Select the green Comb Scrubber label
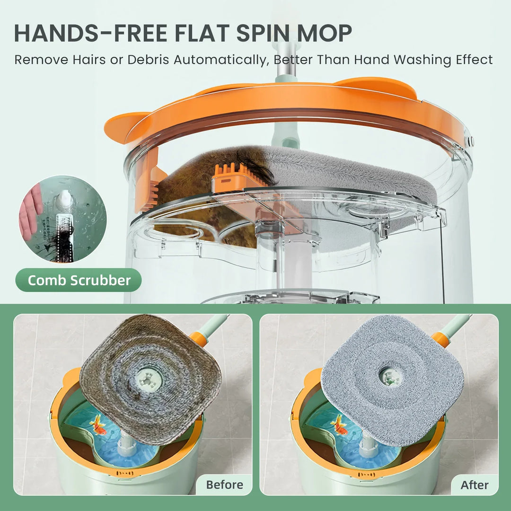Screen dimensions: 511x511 tap(79, 280)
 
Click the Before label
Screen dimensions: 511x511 tap(224, 485)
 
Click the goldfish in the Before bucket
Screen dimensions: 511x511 tap(98, 424)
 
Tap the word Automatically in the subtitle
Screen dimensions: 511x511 tap(221, 60)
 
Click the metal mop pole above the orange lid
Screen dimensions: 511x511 tap(286, 62)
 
